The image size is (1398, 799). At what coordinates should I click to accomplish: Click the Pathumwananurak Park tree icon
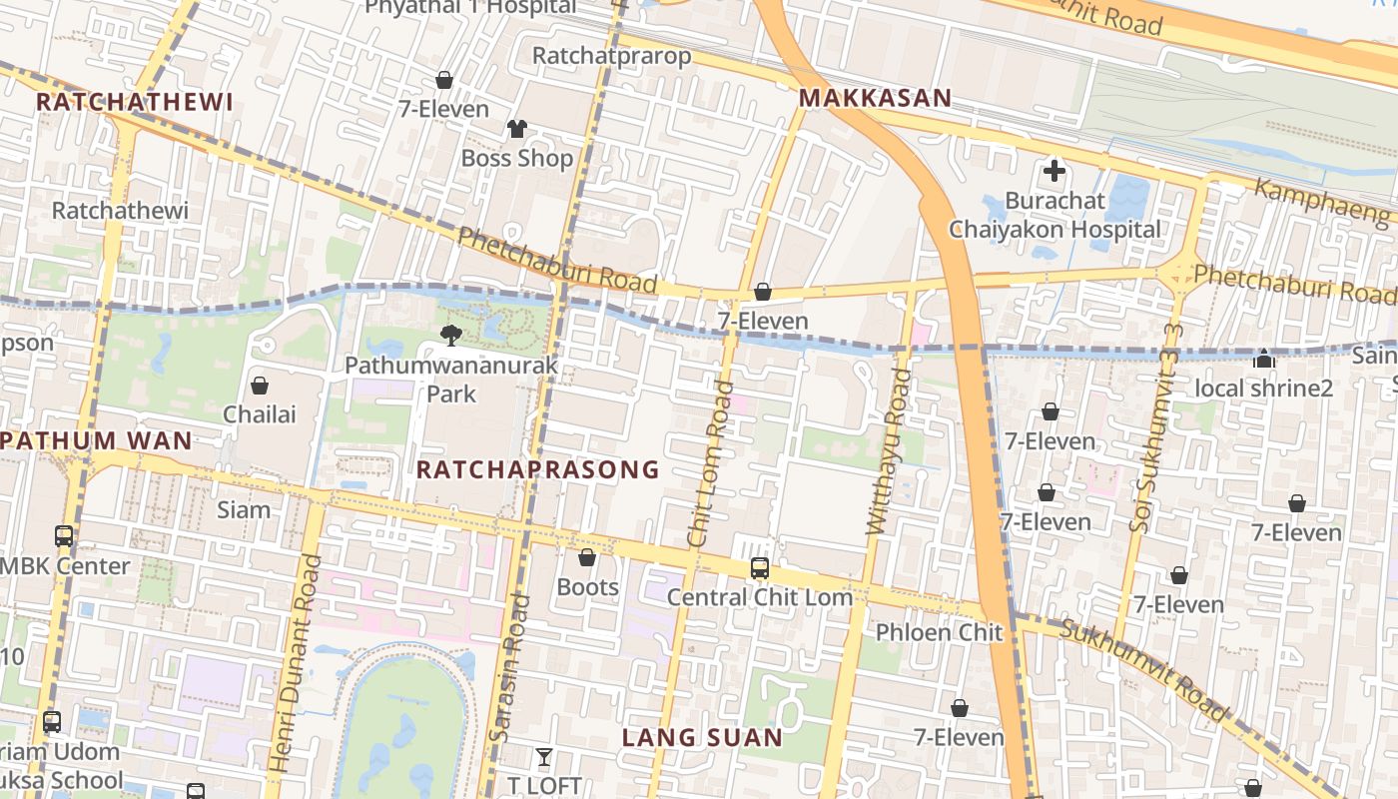(451, 336)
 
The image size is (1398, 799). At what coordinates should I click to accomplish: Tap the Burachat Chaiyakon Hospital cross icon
(1053, 171)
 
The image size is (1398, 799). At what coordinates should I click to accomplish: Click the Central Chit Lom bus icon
(760, 568)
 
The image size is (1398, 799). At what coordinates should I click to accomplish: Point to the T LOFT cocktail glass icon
(543, 757)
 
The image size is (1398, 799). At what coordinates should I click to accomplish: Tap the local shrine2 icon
(1264, 358)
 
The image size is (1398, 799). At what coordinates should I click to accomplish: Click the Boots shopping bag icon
(587, 557)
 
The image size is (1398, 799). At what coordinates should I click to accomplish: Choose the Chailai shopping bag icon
(260, 385)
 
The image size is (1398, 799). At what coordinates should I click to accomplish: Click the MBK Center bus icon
(64, 536)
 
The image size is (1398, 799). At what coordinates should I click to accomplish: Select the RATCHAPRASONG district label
(538, 469)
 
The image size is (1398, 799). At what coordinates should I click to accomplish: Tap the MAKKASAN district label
(875, 99)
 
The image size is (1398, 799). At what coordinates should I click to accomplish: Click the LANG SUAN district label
(702, 738)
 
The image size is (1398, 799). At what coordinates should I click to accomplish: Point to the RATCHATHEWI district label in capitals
(135, 102)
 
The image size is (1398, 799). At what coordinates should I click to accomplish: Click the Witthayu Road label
(889, 452)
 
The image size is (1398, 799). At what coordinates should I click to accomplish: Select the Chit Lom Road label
(710, 463)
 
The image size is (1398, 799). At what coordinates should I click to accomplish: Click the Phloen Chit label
(939, 632)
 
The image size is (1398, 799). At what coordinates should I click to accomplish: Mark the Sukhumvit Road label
(1143, 669)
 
